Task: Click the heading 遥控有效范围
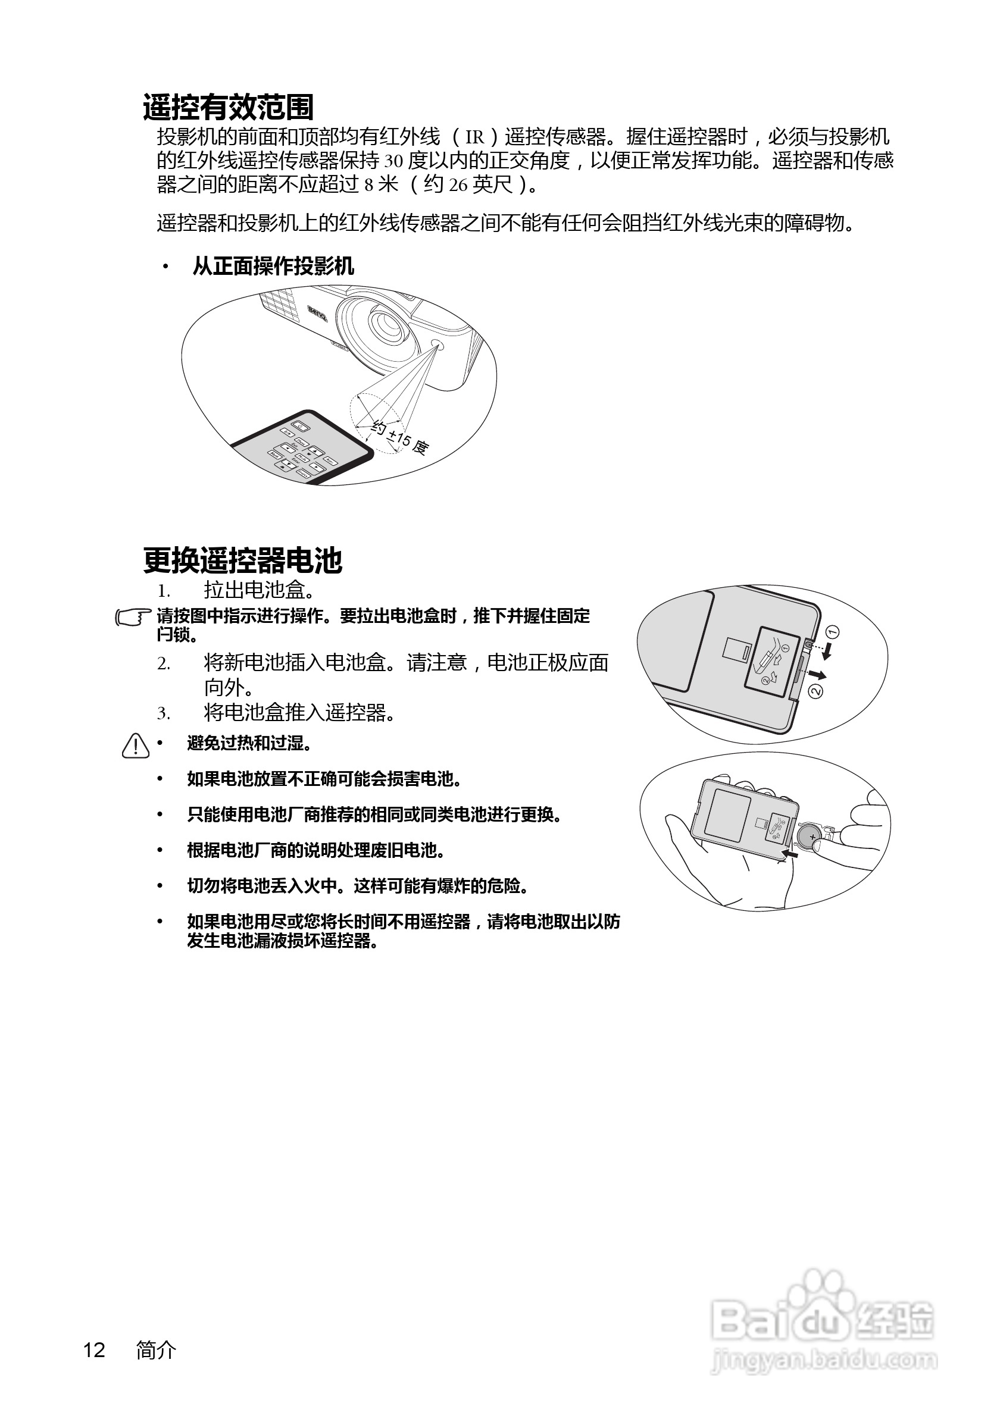(x=228, y=107)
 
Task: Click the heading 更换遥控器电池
(x=242, y=560)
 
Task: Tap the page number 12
(x=95, y=1350)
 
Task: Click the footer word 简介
(x=156, y=1350)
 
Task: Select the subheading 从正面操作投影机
(x=273, y=267)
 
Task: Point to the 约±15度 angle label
(x=400, y=438)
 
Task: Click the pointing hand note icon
(x=133, y=618)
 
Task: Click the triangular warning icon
(x=136, y=745)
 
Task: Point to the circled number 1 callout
(x=832, y=631)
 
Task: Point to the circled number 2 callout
(x=815, y=691)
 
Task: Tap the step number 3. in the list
(x=164, y=714)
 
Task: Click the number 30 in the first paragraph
(x=393, y=162)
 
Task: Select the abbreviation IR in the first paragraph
(x=474, y=137)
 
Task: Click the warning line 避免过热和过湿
(x=249, y=744)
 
